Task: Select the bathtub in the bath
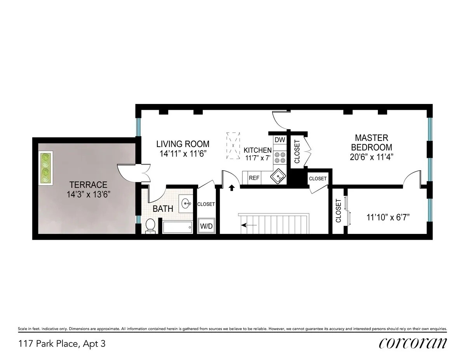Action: click(177, 227)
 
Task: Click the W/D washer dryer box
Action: click(206, 226)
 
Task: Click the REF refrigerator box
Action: click(254, 178)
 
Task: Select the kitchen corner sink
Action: click(278, 177)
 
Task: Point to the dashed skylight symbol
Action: click(233, 146)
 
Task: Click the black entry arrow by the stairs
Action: click(232, 188)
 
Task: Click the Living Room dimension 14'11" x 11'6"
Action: click(183, 153)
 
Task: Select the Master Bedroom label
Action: click(371, 142)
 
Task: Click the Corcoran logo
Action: click(413, 343)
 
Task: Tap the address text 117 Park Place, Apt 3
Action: click(62, 343)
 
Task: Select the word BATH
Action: click(163, 209)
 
